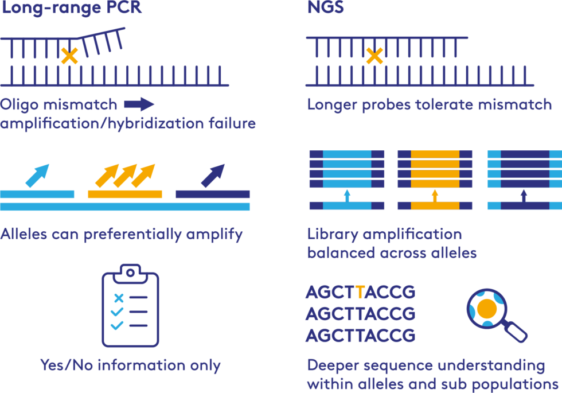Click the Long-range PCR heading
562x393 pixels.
[x=71, y=8]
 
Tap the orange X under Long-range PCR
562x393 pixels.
[x=69, y=56]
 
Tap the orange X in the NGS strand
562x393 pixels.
[x=374, y=56]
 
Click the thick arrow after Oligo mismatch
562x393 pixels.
[x=139, y=104]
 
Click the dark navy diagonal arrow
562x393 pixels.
[x=213, y=176]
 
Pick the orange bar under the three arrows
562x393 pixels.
[x=125, y=194]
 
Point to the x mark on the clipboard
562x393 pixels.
[x=119, y=298]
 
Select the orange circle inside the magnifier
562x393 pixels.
[x=487, y=309]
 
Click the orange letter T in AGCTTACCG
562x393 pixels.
[x=360, y=293]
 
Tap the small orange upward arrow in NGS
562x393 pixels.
[x=435, y=196]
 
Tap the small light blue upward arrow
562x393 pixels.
[x=346, y=196]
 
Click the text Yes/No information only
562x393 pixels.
[x=130, y=365]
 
